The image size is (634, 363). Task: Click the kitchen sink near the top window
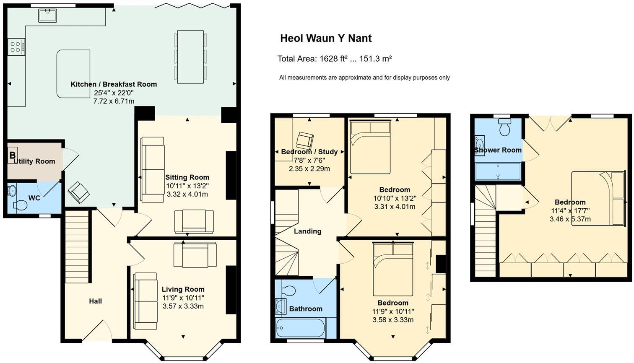pos(47,15)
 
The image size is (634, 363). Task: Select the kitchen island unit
pos(73,73)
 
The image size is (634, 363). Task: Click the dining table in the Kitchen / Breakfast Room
pos(190,57)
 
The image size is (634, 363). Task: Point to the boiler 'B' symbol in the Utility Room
pos(13,155)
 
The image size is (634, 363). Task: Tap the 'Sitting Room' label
pos(187,177)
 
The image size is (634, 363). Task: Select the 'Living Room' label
pos(183,289)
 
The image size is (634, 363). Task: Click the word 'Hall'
pos(95,301)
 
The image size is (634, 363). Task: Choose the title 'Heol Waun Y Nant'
pos(326,39)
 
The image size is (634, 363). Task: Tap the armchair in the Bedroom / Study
pos(305,140)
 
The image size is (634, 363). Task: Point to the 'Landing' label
pos(307,231)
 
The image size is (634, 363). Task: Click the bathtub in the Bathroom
pos(300,328)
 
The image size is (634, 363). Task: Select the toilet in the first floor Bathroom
pos(289,290)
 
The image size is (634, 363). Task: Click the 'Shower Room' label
pos(498,150)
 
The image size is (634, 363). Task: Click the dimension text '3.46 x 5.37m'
pos(570,219)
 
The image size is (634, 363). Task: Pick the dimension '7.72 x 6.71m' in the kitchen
pos(114,101)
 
